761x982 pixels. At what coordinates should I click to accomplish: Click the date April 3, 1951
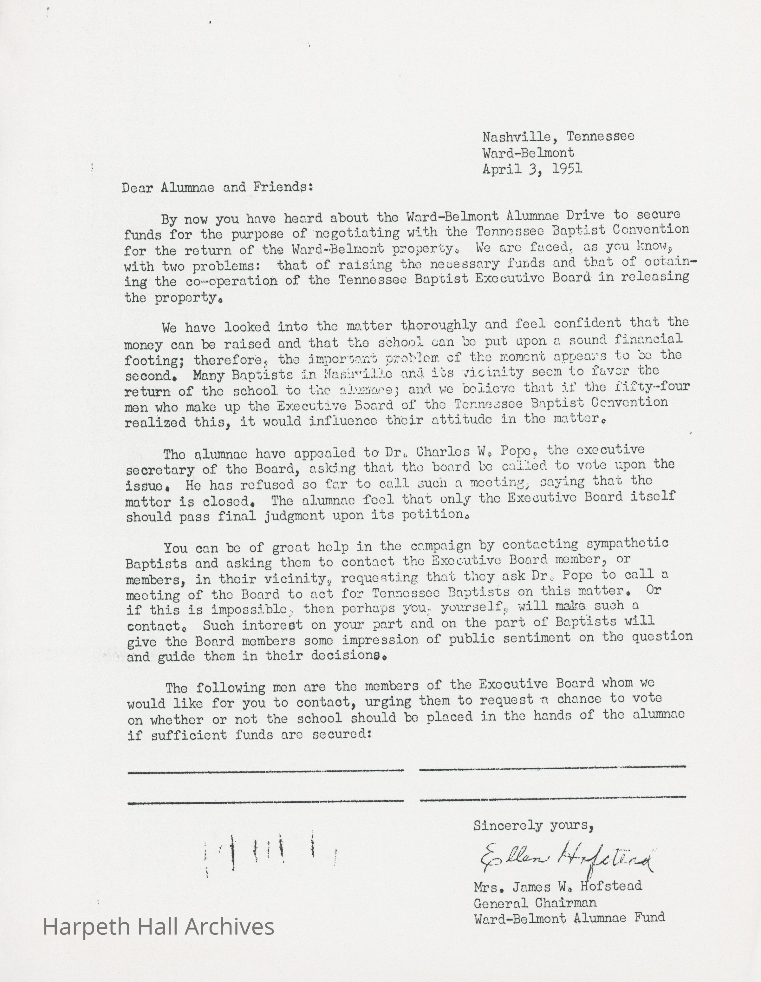pyautogui.click(x=532, y=169)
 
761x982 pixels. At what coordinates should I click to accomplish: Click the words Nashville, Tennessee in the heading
pyautogui.click(x=558, y=136)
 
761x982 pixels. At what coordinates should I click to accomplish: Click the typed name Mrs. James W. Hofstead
pyautogui.click(x=557, y=886)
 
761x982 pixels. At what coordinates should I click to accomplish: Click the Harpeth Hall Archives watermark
pyautogui.click(x=158, y=927)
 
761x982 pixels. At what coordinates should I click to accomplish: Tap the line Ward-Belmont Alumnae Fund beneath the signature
pyautogui.click(x=569, y=918)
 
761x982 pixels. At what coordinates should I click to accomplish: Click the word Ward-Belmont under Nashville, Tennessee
pyautogui.click(x=528, y=153)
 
